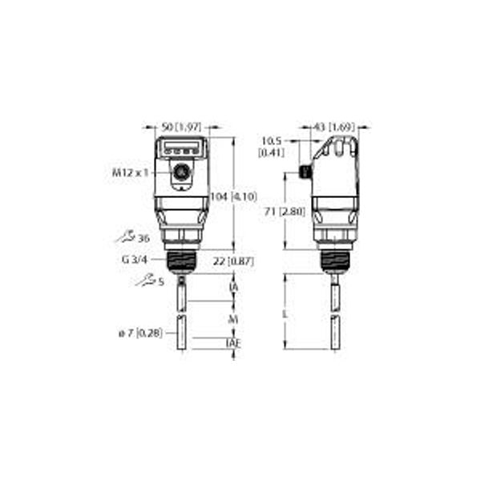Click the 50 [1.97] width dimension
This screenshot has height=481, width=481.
pos(181,127)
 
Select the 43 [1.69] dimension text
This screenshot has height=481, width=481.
pos(329,127)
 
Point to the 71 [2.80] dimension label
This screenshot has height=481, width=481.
pos(282,211)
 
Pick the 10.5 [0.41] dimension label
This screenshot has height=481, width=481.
pos(270,146)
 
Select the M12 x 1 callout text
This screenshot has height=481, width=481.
pos(131,172)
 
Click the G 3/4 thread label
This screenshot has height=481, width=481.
pos(137,259)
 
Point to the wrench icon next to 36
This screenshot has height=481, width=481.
pos(123,237)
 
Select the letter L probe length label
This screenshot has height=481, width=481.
pos(286,313)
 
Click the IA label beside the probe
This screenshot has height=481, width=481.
pos(233,287)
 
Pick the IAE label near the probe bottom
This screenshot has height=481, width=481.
pos(234,343)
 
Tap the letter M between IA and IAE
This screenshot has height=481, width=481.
pos(233,318)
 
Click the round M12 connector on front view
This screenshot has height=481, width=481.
pos(182,172)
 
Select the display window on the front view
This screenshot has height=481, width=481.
pos(182,148)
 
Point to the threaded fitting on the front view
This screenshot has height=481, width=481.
pos(182,261)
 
